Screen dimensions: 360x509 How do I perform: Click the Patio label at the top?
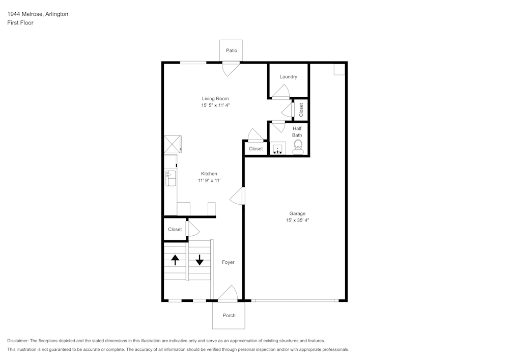pyautogui.click(x=232, y=50)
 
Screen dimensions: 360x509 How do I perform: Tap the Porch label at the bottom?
pyautogui.click(x=229, y=315)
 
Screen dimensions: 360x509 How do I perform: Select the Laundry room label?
pyautogui.click(x=288, y=77)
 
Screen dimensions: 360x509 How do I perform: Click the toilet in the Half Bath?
pyautogui.click(x=298, y=147)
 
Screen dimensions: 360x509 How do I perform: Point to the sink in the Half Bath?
pyautogui.click(x=277, y=149)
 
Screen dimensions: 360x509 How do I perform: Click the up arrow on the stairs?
pyautogui.click(x=175, y=260)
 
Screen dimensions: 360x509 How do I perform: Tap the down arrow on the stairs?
pyautogui.click(x=199, y=260)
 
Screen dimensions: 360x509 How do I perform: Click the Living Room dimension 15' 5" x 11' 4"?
pyautogui.click(x=215, y=105)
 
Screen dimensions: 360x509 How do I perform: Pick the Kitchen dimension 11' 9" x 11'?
pyautogui.click(x=209, y=181)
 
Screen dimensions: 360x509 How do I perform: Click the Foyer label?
pyautogui.click(x=228, y=262)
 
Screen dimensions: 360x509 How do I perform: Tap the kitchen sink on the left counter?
pyautogui.click(x=170, y=178)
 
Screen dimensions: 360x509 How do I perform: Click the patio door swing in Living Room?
pyautogui.click(x=231, y=68)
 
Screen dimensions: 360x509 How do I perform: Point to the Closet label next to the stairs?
pyautogui.click(x=175, y=230)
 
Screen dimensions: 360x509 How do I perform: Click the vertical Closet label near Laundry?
pyautogui.click(x=301, y=110)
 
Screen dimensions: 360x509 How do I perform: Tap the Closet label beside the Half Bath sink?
pyautogui.click(x=256, y=149)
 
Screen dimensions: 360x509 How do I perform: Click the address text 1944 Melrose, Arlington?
pyautogui.click(x=38, y=14)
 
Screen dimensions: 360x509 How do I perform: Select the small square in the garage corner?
pyautogui.click(x=339, y=70)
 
